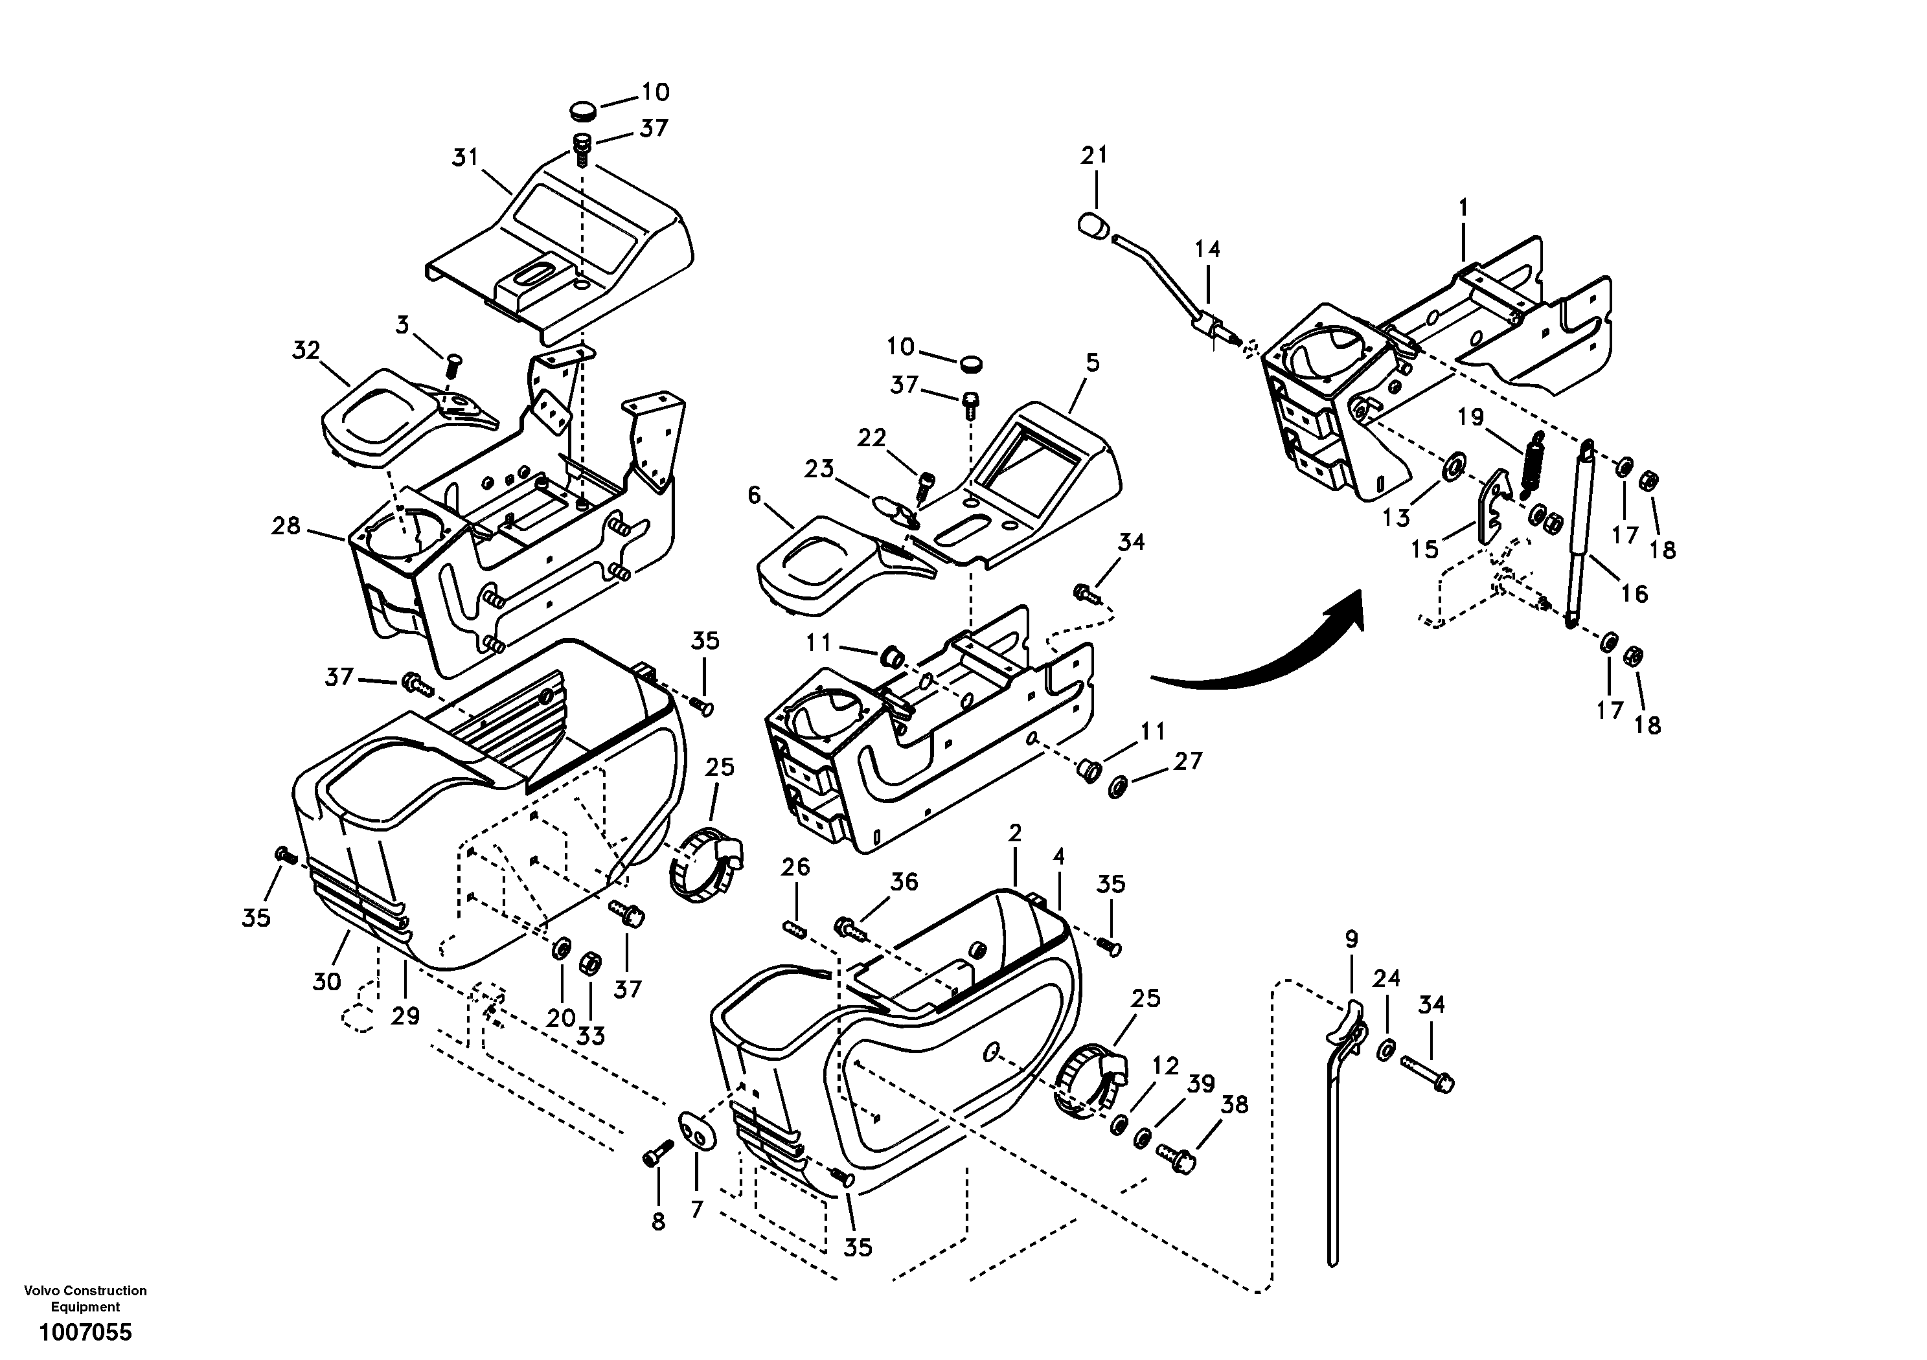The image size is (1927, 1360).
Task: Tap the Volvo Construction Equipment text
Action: coord(86,1298)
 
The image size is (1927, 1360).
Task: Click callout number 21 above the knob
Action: coord(1093,155)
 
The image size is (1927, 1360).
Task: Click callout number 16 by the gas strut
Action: coord(1634,593)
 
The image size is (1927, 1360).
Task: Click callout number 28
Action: coord(286,526)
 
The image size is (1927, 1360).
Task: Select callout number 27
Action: coord(1187,761)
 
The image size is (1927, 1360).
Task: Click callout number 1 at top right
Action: coord(1463,208)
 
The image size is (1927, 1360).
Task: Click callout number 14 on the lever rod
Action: coord(1208,249)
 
